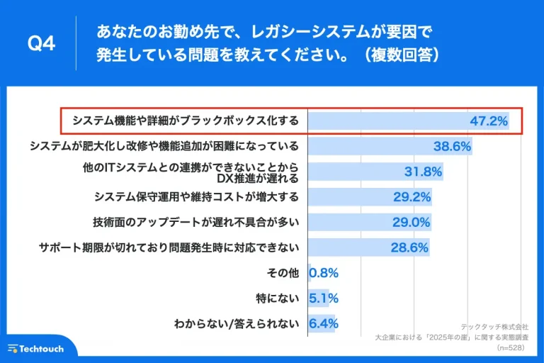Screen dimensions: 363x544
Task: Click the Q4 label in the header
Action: [x=40, y=44]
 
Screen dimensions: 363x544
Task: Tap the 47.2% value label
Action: [x=489, y=121]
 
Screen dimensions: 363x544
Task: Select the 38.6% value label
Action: [x=452, y=146]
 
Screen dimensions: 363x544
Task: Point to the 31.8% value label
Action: [x=423, y=172]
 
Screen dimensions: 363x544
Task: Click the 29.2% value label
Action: [x=412, y=196]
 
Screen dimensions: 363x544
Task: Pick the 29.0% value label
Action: [x=412, y=222]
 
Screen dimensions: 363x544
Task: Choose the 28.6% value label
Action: [x=409, y=247]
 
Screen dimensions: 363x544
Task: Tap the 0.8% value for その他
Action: [x=324, y=273]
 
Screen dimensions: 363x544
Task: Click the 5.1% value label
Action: [x=324, y=298]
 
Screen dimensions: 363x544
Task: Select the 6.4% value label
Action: [x=324, y=323]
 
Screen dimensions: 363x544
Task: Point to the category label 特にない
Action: [x=278, y=298]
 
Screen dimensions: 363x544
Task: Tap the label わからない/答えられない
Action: [x=236, y=323]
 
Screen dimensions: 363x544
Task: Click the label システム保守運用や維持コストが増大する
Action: [x=196, y=196]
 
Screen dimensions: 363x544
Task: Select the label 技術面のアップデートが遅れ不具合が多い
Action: [x=196, y=222]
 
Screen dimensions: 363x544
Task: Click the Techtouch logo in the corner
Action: [x=36, y=349]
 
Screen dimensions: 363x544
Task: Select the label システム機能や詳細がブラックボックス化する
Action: [x=186, y=121]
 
